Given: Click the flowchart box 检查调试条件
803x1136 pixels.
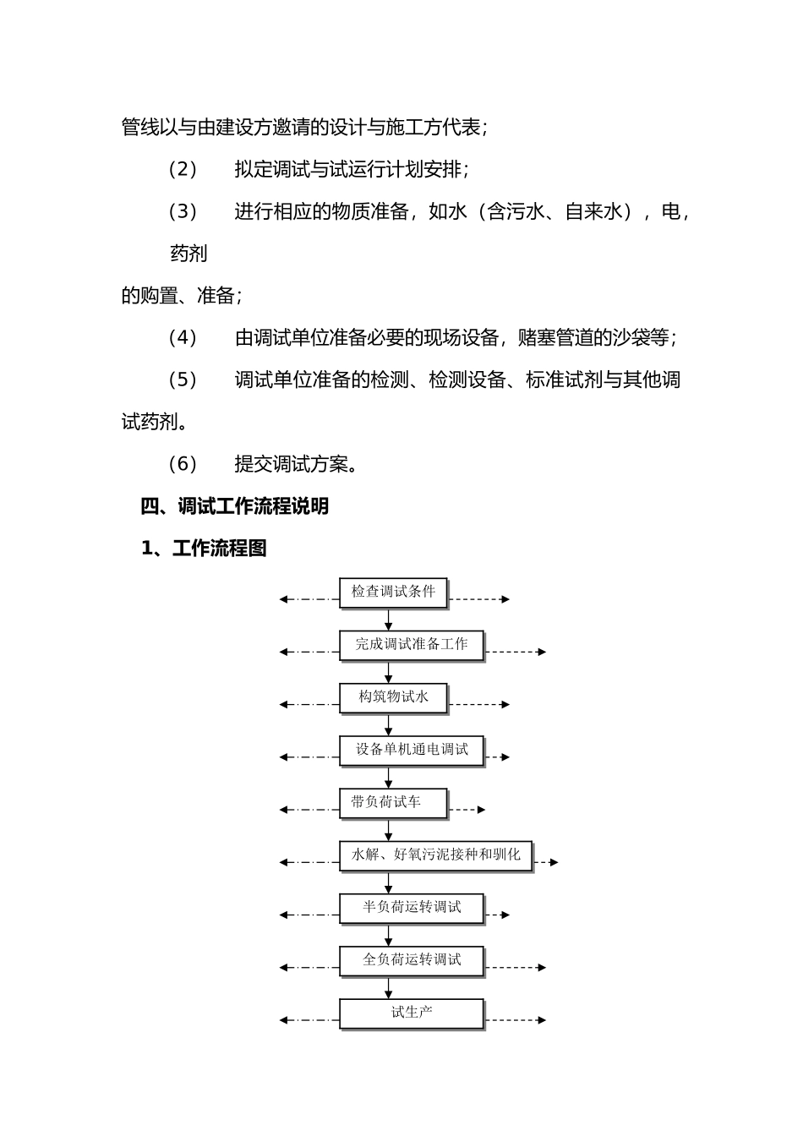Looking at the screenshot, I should click(x=393, y=592).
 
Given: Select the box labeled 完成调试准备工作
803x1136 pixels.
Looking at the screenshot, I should click(x=411, y=645).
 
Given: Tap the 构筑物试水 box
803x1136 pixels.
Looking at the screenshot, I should click(x=393, y=697).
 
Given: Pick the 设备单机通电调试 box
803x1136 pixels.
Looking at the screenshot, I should click(x=411, y=750).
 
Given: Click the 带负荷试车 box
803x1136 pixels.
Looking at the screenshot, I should click(x=393, y=802).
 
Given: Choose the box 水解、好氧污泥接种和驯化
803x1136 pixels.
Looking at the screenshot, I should click(x=435, y=855).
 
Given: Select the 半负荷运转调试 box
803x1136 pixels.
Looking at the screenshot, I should click(x=411, y=908).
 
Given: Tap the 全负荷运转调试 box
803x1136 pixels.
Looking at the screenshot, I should click(x=411, y=960).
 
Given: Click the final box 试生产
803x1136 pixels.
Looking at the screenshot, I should click(x=411, y=1013).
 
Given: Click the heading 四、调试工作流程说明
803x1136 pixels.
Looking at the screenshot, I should click(x=234, y=506).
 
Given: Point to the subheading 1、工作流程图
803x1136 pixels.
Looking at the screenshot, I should click(x=204, y=549).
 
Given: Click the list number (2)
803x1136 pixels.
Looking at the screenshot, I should click(x=183, y=169).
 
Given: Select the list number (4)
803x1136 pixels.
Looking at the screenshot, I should click(x=183, y=338).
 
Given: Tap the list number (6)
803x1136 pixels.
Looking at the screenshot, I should click(x=183, y=464).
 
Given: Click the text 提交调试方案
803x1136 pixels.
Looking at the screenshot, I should click(x=296, y=464).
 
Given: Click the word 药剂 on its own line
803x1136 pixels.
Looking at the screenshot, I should click(x=188, y=254).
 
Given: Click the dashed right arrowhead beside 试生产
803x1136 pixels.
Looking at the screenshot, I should click(x=542, y=1020).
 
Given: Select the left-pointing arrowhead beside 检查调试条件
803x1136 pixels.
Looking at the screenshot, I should click(x=284, y=599).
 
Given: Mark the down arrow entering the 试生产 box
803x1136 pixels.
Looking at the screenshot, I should click(x=389, y=989).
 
